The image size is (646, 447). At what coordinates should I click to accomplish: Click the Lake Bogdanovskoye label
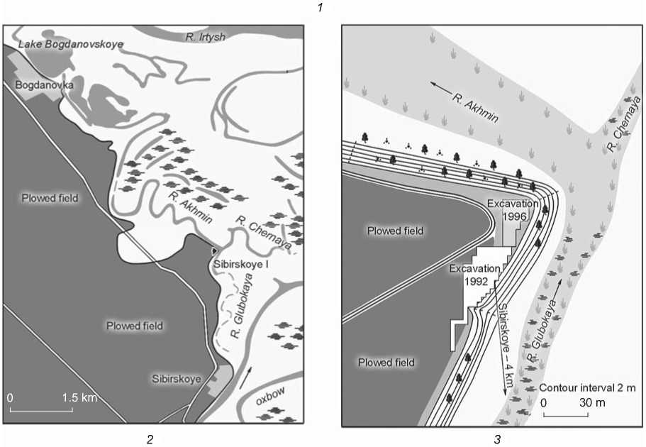pos(70,44)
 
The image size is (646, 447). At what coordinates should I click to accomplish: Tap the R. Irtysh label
pos(205,37)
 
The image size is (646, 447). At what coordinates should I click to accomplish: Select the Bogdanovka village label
pos(44,85)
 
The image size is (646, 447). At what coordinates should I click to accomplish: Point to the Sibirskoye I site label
pos(240,264)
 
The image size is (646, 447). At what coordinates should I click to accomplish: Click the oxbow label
pos(270,395)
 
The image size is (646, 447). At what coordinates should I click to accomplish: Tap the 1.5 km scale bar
pos(41,410)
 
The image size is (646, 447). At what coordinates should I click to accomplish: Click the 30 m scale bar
pos(565,414)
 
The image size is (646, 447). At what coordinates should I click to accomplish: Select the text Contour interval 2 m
pos(587,388)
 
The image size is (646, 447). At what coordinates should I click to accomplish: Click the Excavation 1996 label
pos(512,209)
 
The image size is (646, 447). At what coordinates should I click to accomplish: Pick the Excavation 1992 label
pos(474,275)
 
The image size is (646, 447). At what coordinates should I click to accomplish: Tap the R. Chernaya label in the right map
pos(624,123)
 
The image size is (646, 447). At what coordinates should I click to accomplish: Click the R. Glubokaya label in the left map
pos(242,305)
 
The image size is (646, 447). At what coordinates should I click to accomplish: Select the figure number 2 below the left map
pos(150,440)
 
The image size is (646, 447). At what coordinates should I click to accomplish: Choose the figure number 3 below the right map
pos(497,440)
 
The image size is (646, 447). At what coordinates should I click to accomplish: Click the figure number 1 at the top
pos(321,7)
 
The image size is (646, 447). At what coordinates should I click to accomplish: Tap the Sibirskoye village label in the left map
pos(177,379)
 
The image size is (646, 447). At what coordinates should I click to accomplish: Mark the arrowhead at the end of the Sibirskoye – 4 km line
pos(505,392)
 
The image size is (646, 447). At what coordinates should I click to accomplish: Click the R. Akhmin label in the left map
pos(190,208)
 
